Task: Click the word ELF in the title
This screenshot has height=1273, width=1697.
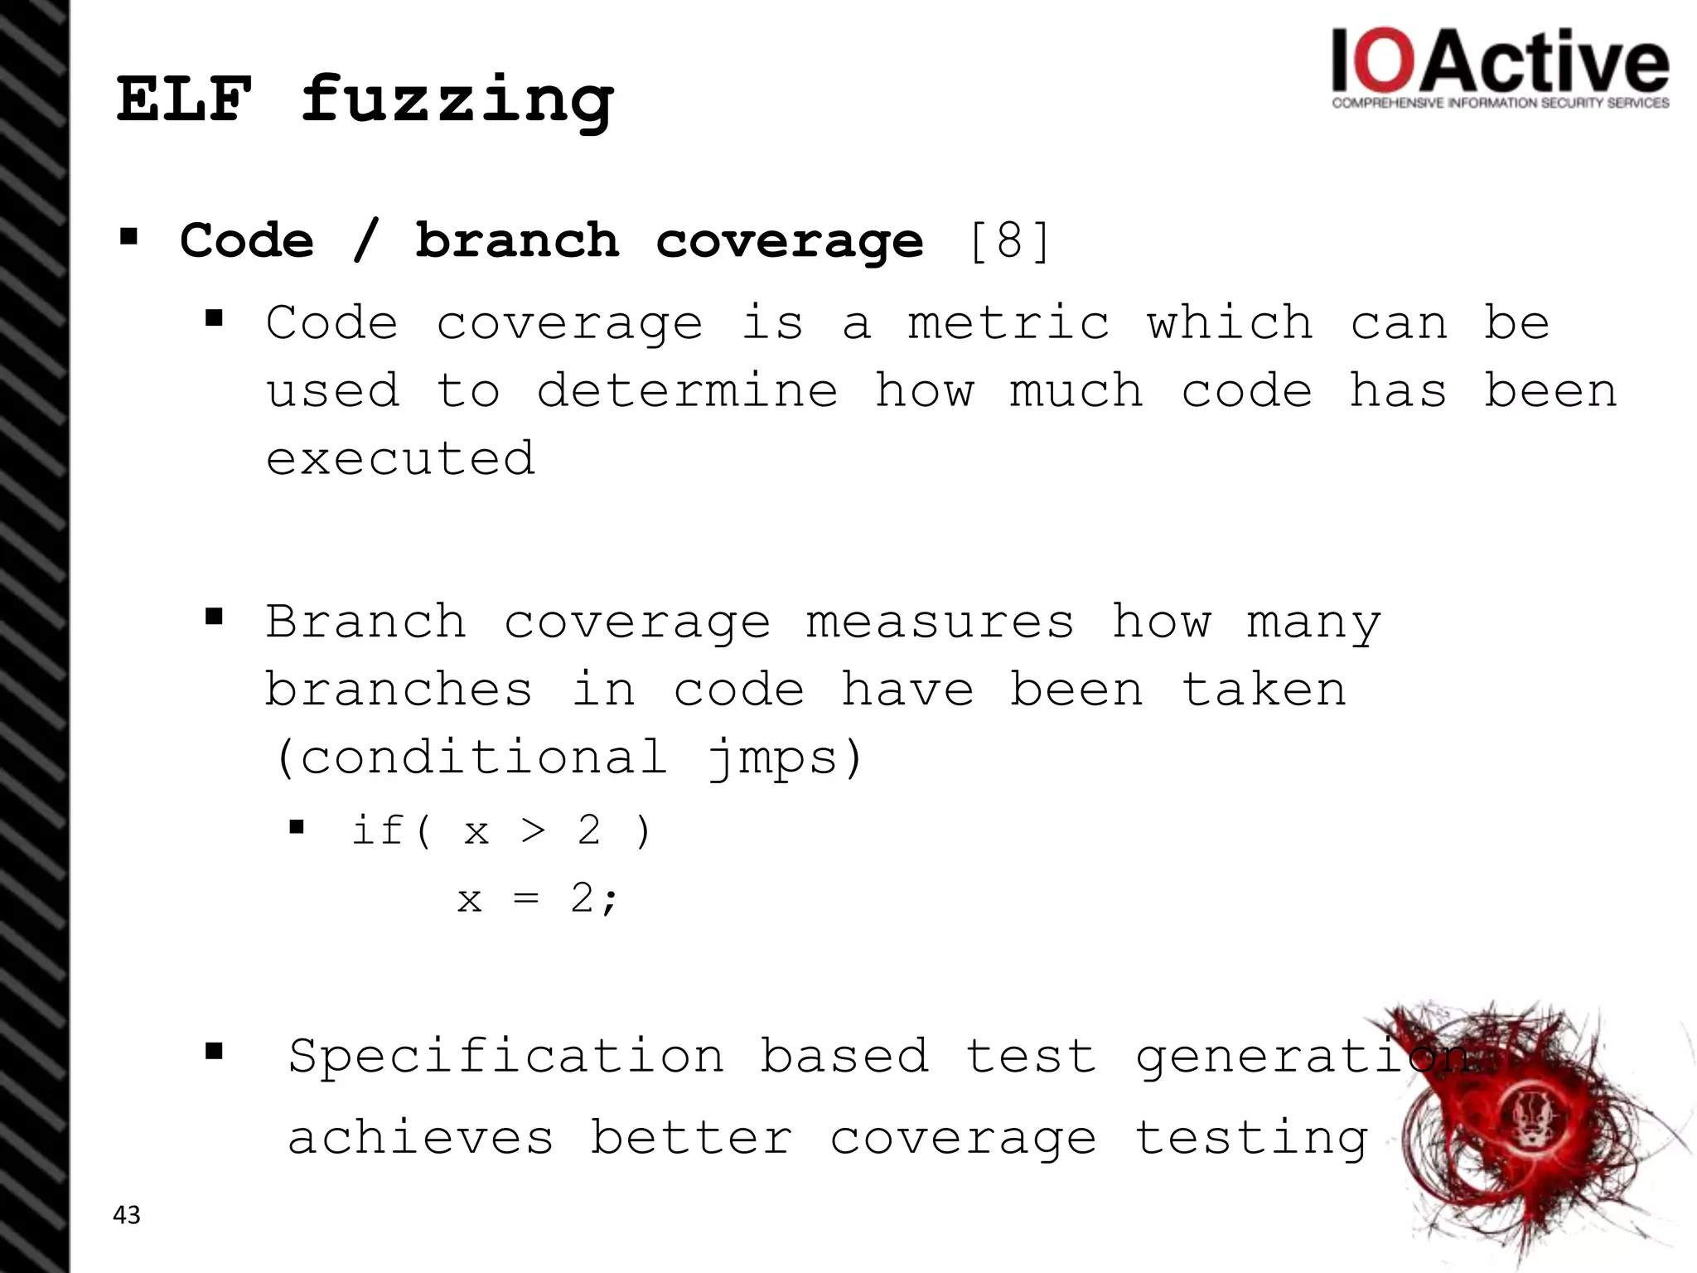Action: point(184,99)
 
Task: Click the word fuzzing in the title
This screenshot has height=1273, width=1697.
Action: point(457,103)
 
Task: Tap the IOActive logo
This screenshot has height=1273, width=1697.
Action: point(1500,69)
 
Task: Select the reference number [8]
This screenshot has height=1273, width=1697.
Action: point(1009,241)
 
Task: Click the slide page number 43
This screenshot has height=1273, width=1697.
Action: point(127,1215)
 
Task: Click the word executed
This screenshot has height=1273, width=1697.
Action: point(400,458)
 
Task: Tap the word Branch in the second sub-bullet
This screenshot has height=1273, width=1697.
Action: point(365,622)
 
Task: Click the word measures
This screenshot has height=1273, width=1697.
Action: point(940,622)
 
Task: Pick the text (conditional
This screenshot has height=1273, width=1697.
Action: point(471,758)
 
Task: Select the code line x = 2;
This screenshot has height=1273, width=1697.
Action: point(538,898)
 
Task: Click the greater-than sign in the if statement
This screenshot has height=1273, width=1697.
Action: point(533,830)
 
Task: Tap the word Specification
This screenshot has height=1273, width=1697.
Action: point(505,1057)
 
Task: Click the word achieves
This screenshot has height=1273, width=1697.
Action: point(420,1137)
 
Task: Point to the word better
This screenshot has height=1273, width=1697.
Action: point(691,1137)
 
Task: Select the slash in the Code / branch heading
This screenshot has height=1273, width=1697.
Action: point(364,241)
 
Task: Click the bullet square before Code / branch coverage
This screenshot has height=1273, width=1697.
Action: point(128,239)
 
